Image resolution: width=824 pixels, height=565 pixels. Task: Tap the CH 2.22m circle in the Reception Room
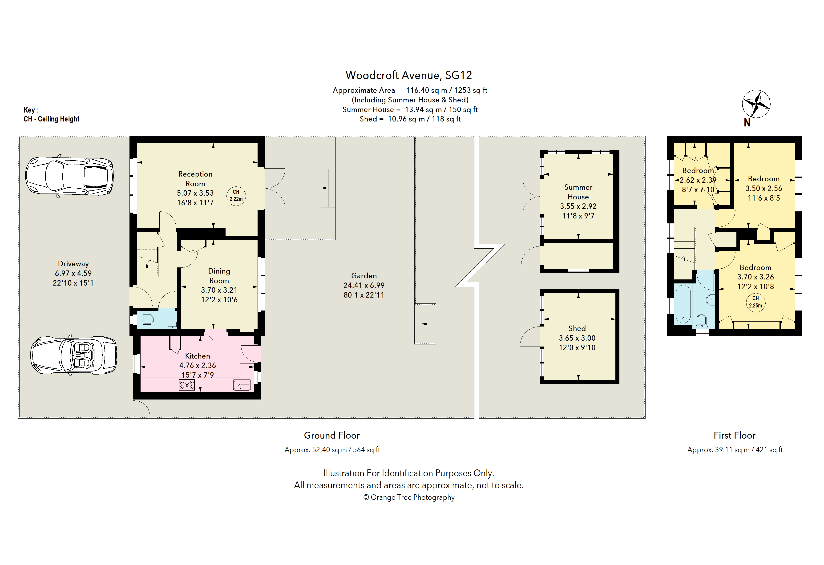click(236, 196)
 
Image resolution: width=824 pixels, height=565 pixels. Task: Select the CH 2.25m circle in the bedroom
click(755, 303)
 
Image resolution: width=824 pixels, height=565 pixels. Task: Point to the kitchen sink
click(242, 385)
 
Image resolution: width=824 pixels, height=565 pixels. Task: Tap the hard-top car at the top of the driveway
click(69, 176)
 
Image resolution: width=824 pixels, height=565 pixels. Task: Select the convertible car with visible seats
click(74, 355)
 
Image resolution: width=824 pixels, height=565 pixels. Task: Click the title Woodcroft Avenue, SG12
click(408, 75)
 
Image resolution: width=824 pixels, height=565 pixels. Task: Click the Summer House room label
click(578, 192)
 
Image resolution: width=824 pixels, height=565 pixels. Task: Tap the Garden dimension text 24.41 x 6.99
click(364, 285)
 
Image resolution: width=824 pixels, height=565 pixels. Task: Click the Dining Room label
click(219, 276)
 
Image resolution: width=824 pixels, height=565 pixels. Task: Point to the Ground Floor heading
click(332, 435)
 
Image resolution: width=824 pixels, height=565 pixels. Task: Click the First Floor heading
click(735, 435)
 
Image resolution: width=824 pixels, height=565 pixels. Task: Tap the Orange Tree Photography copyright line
click(409, 497)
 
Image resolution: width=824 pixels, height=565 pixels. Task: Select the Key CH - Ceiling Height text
click(51, 114)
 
